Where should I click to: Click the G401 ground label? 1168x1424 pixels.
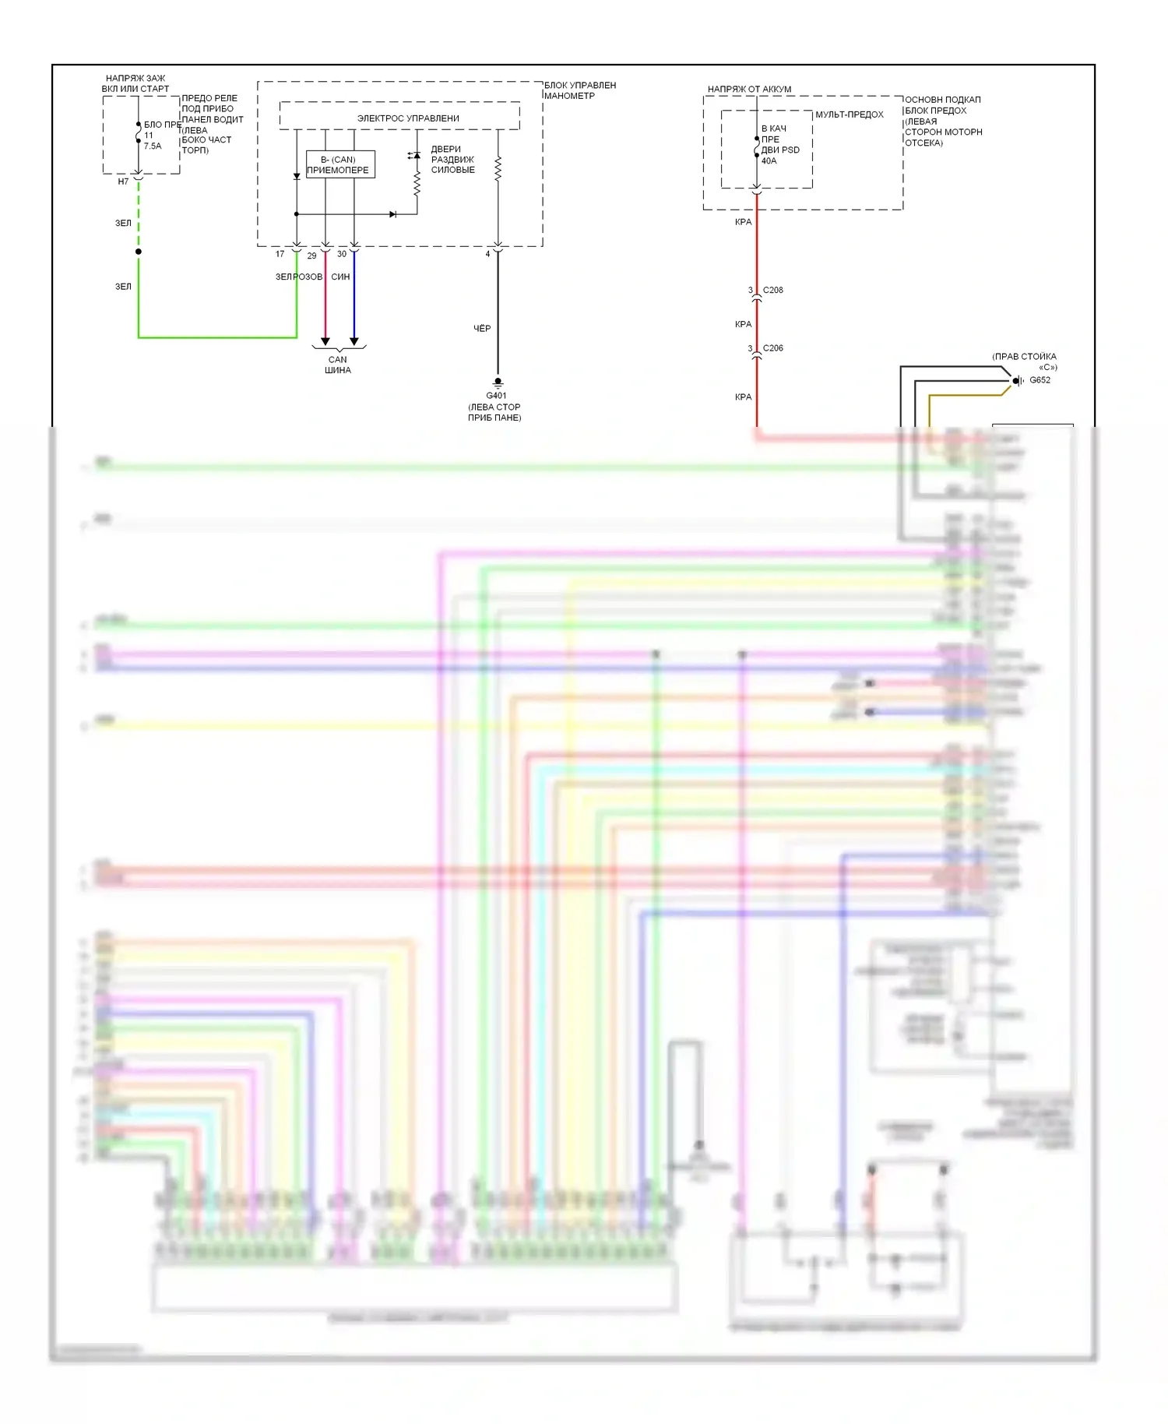click(x=496, y=396)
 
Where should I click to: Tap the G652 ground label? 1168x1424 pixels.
click(x=1040, y=380)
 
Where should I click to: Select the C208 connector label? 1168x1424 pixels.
click(x=772, y=290)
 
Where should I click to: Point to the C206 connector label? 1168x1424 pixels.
click(x=772, y=348)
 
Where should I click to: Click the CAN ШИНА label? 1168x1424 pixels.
click(x=338, y=365)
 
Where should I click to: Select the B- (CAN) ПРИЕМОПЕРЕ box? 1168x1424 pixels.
click(x=340, y=164)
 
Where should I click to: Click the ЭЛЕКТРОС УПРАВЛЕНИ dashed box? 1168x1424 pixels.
click(x=399, y=116)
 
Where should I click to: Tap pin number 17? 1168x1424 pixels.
click(x=280, y=254)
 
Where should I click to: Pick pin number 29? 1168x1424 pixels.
click(x=311, y=256)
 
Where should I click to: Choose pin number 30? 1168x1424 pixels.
click(x=341, y=254)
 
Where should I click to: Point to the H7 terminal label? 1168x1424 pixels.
click(x=123, y=182)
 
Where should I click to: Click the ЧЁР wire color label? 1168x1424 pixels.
click(x=482, y=329)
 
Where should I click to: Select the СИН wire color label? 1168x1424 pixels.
click(x=340, y=277)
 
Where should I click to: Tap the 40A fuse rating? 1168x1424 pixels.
click(x=769, y=161)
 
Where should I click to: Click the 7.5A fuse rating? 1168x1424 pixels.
click(x=153, y=146)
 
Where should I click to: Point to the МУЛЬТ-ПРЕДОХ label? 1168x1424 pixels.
click(x=849, y=115)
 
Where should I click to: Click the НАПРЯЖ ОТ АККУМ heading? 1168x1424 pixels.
click(x=749, y=89)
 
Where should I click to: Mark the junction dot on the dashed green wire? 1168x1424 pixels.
click(x=139, y=252)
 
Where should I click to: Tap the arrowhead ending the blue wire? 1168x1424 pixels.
click(x=354, y=341)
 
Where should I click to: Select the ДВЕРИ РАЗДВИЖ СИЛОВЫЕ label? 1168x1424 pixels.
click(x=452, y=159)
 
